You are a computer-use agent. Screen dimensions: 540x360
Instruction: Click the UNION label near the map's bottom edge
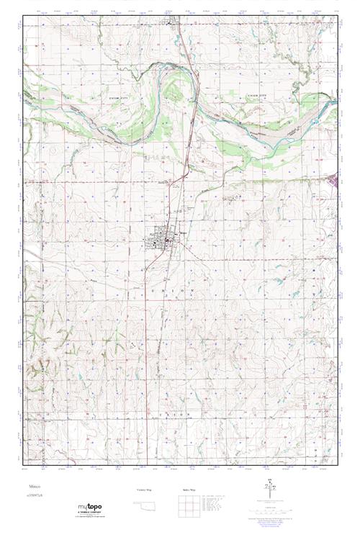point(173,415)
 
